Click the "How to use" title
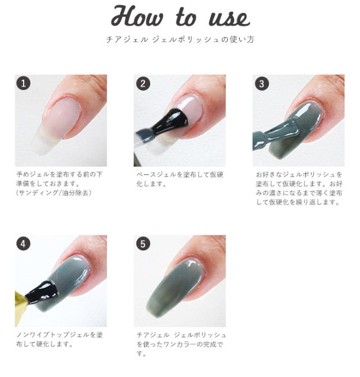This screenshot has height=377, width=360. (x=179, y=17)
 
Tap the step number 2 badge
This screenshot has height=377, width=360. (x=143, y=84)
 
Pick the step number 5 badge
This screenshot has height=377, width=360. (x=143, y=244)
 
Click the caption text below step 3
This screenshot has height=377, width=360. (x=299, y=188)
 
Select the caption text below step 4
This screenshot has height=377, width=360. (x=59, y=339)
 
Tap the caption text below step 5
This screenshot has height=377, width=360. (x=179, y=343)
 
